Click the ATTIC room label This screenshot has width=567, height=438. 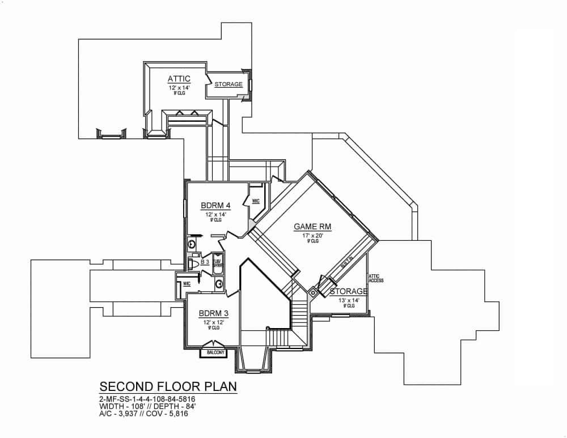pyautogui.click(x=179, y=78)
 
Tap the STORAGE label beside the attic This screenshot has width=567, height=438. pyautogui.click(x=229, y=84)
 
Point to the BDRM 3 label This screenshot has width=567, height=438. pyautogui.click(x=213, y=313)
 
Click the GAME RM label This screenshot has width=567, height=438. pyautogui.click(x=312, y=227)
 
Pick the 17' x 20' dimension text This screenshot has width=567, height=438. pyautogui.click(x=313, y=235)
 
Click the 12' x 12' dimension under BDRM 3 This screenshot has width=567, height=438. pyautogui.click(x=213, y=322)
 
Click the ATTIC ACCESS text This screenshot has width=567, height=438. pyautogui.click(x=376, y=278)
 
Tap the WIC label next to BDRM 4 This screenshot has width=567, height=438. pyautogui.click(x=256, y=201)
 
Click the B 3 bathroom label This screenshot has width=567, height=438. pyautogui.click(x=205, y=262)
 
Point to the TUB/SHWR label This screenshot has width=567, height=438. pyautogui.click(x=218, y=263)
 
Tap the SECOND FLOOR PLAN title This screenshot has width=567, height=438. pyautogui.click(x=168, y=386)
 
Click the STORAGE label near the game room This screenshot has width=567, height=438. pyautogui.click(x=348, y=291)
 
